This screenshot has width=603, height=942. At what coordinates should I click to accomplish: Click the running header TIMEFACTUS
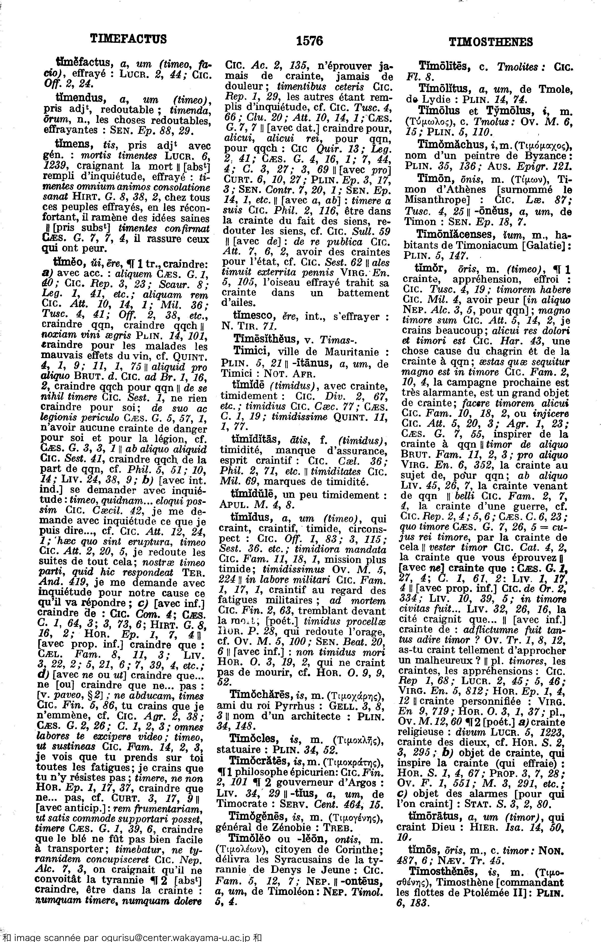tap(128, 39)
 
